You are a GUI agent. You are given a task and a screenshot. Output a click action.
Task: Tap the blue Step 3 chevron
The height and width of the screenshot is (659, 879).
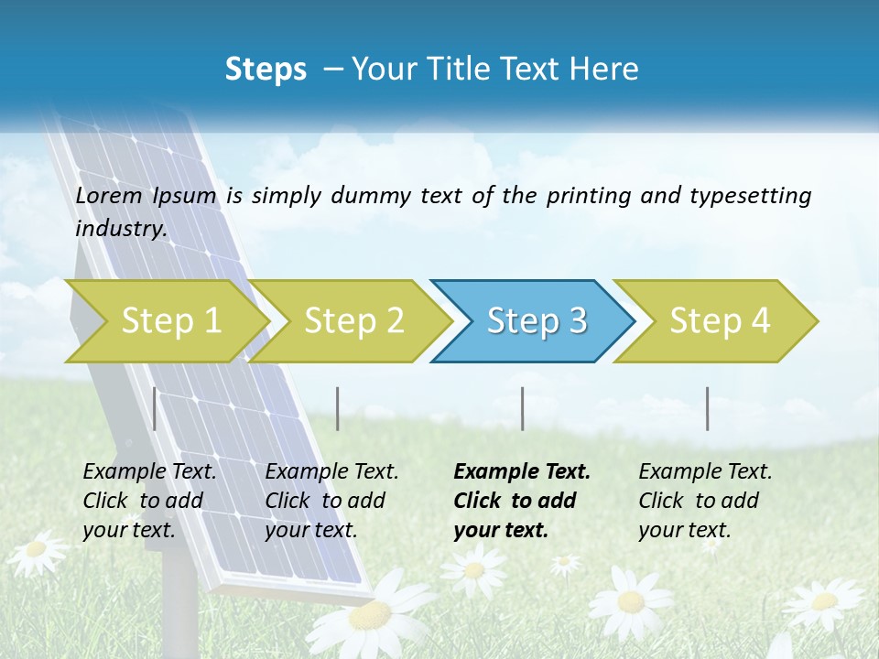tap(537, 321)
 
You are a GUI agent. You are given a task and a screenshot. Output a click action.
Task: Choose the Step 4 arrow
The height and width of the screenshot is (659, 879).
tap(720, 321)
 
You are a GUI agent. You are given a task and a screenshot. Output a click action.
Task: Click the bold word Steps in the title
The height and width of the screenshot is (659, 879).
tap(266, 70)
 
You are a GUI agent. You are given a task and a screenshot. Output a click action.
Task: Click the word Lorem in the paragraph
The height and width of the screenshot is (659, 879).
tap(109, 196)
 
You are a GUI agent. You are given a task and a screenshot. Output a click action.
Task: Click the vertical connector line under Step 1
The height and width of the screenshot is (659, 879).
tap(155, 408)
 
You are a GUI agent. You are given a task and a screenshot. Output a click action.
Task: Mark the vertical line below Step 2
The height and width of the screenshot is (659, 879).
tap(338, 408)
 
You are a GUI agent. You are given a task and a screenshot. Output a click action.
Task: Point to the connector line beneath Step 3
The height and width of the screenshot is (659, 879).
tap(523, 408)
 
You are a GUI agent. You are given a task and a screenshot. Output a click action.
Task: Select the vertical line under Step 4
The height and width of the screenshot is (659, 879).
tap(708, 408)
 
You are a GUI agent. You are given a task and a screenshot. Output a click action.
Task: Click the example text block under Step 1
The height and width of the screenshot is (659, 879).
tap(149, 501)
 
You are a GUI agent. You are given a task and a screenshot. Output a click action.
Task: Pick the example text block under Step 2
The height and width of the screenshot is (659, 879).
tap(331, 501)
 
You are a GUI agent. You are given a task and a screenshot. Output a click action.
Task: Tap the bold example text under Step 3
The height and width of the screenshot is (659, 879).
tap(522, 501)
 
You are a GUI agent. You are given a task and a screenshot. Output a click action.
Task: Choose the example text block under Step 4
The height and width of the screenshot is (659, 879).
tap(705, 501)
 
